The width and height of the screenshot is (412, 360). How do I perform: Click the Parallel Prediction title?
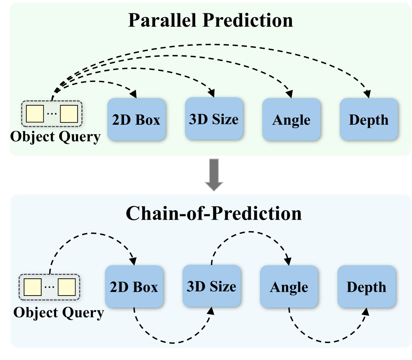click(x=210, y=20)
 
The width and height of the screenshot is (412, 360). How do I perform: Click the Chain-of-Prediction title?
click(x=213, y=214)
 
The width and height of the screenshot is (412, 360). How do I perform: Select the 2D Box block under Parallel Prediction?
click(x=136, y=120)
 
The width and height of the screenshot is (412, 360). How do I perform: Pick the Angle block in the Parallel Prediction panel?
click(x=291, y=120)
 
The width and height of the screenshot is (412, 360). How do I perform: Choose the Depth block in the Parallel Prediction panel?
click(x=369, y=120)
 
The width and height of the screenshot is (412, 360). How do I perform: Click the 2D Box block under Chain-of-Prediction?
click(x=134, y=287)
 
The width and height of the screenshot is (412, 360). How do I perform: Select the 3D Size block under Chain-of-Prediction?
click(x=211, y=286)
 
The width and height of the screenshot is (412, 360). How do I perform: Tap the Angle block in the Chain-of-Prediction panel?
click(x=289, y=287)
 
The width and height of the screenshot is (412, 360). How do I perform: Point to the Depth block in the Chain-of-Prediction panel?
click(x=366, y=287)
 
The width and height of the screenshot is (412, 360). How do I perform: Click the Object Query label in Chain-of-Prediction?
click(x=58, y=313)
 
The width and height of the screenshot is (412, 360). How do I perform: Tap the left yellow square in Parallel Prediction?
click(x=34, y=113)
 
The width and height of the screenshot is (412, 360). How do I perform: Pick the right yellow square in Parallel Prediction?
click(x=69, y=113)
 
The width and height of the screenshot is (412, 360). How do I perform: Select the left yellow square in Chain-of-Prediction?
click(x=33, y=287)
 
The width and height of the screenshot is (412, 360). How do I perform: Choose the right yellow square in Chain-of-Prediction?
click(x=67, y=287)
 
